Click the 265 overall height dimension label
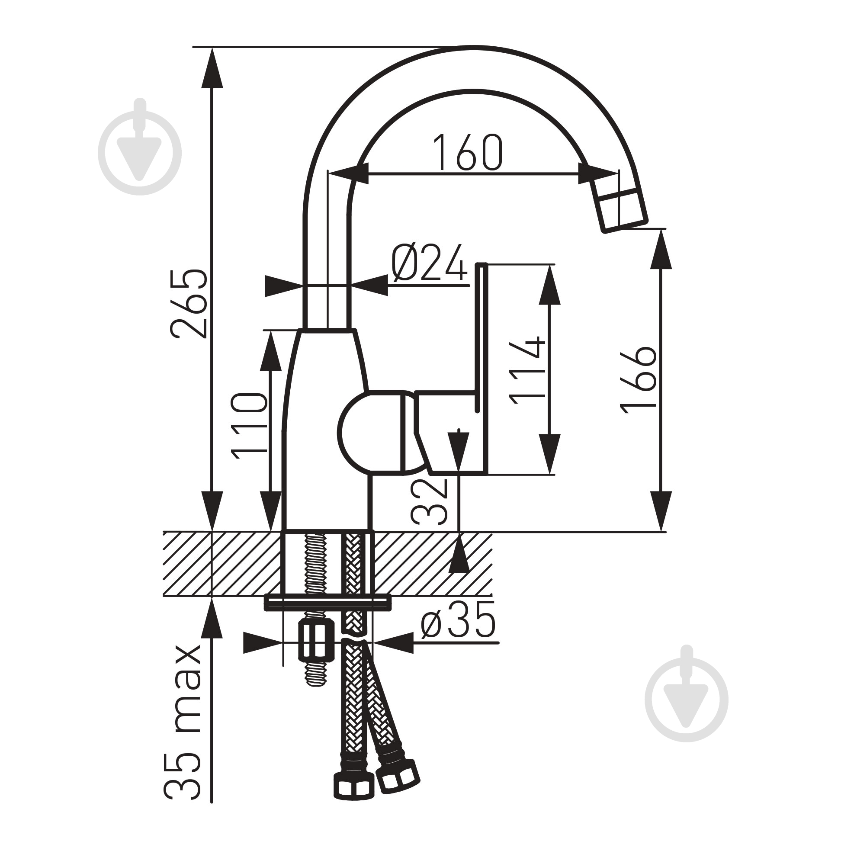point(189,303)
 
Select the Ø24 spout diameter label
point(430,263)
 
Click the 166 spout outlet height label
point(639,379)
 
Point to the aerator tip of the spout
point(620,209)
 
